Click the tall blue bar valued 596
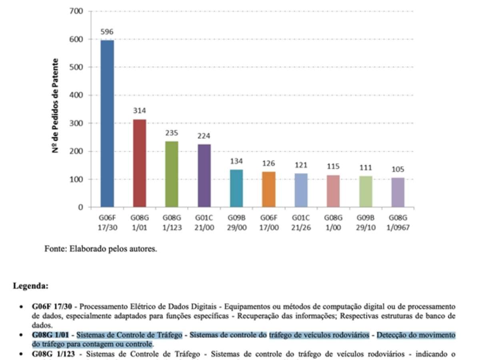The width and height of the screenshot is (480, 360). [107, 124]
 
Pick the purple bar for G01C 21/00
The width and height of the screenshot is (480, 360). [204, 176]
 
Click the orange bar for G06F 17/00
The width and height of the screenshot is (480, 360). [269, 190]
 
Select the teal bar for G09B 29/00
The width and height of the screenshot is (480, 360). [236, 188]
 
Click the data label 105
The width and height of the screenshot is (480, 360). [398, 170]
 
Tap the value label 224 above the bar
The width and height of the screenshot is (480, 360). [204, 136]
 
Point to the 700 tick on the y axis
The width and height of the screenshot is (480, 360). [77, 11]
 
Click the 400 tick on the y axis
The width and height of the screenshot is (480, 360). [77, 95]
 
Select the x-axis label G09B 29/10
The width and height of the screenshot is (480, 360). [366, 222]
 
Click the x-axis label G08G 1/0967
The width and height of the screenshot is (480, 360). [398, 222]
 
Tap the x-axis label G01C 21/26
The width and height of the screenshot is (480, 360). [301, 222]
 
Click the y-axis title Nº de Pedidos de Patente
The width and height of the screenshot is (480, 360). [56, 106]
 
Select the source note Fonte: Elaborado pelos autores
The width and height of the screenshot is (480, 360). [101, 249]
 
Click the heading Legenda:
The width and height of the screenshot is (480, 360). [31, 286]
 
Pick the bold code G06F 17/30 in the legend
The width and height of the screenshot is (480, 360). [55, 307]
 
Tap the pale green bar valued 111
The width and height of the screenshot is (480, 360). [366, 192]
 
